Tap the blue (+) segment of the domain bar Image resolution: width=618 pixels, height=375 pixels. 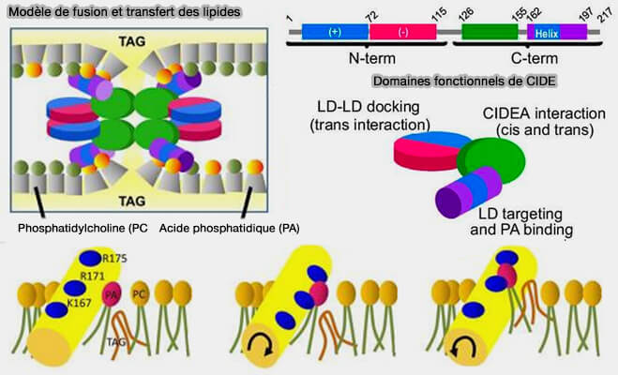pos(335,32)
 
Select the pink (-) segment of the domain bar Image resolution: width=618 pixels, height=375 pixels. pos(403,32)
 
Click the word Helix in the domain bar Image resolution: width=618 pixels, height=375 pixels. pos(547,33)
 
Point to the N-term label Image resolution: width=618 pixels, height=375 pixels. pos(369,58)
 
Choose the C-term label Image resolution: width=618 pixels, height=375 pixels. pos(532,58)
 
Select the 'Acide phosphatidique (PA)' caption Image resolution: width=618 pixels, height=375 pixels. pos(218,229)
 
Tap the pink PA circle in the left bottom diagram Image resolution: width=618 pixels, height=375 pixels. pos(111,296)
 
